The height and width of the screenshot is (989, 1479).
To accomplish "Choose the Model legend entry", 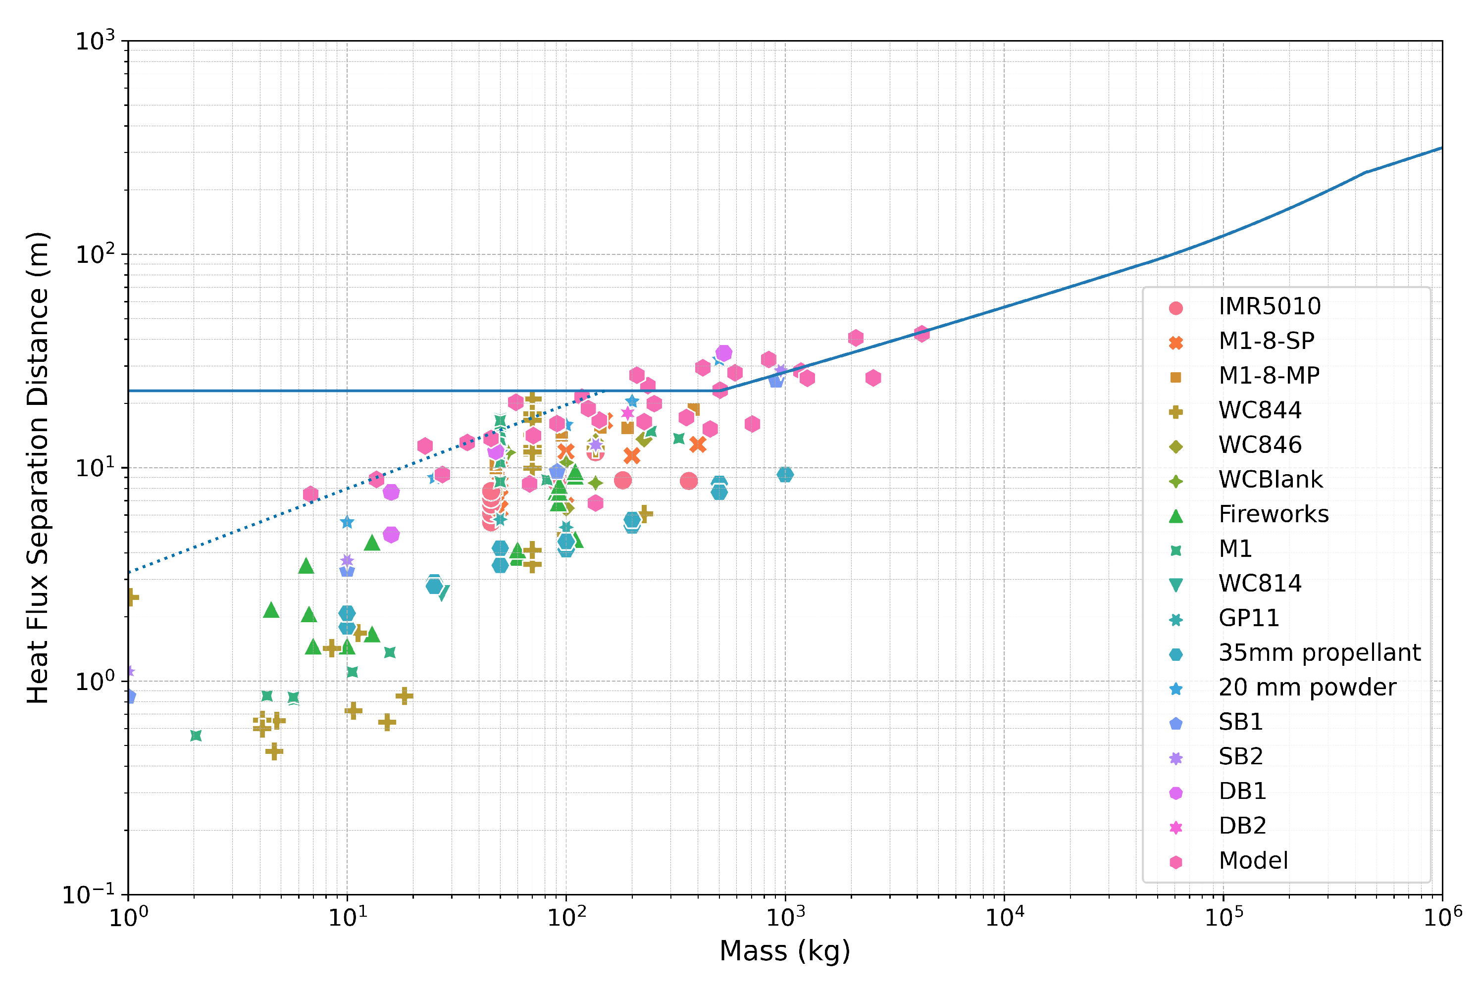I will pyautogui.click(x=1253, y=860).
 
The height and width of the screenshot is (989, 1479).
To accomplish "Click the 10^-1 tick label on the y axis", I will pyautogui.click(x=88, y=894).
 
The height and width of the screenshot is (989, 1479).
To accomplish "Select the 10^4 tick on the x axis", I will pyautogui.click(x=1004, y=894).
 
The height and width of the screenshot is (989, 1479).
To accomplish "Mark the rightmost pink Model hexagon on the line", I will pyautogui.click(x=921, y=334).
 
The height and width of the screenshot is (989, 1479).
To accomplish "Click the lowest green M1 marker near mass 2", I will pyautogui.click(x=196, y=736).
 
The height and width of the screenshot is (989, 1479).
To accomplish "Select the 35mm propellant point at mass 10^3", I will pyautogui.click(x=785, y=474).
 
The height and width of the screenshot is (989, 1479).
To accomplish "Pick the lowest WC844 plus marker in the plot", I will pyautogui.click(x=274, y=751).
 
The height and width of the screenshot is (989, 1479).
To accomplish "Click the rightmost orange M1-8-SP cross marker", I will pyautogui.click(x=697, y=445).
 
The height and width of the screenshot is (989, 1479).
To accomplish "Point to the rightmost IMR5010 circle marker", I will pyautogui.click(x=688, y=481).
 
